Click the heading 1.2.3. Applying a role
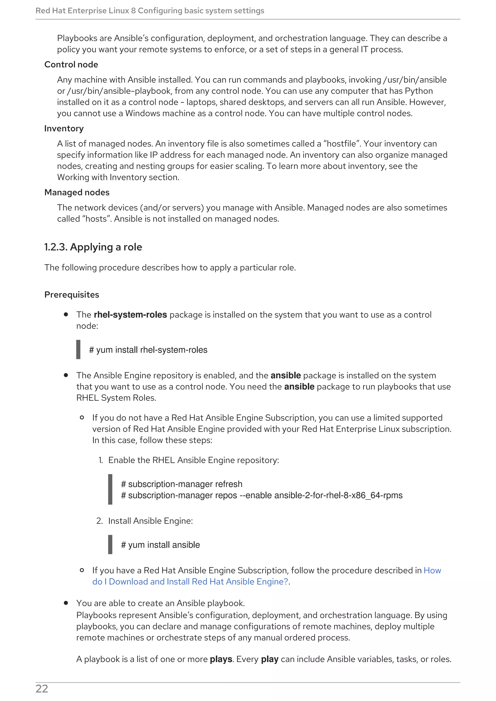point(93,247)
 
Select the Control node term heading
point(71,64)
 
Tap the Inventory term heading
point(64,128)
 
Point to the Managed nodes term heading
point(77,192)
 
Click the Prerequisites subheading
point(72,295)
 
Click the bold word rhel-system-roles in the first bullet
point(130,315)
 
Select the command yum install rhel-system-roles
point(148,350)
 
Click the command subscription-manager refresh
point(182,484)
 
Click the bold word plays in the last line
point(221,659)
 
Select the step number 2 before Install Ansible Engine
point(99,521)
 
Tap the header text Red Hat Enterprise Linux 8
point(85,11)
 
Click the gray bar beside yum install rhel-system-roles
point(78,350)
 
